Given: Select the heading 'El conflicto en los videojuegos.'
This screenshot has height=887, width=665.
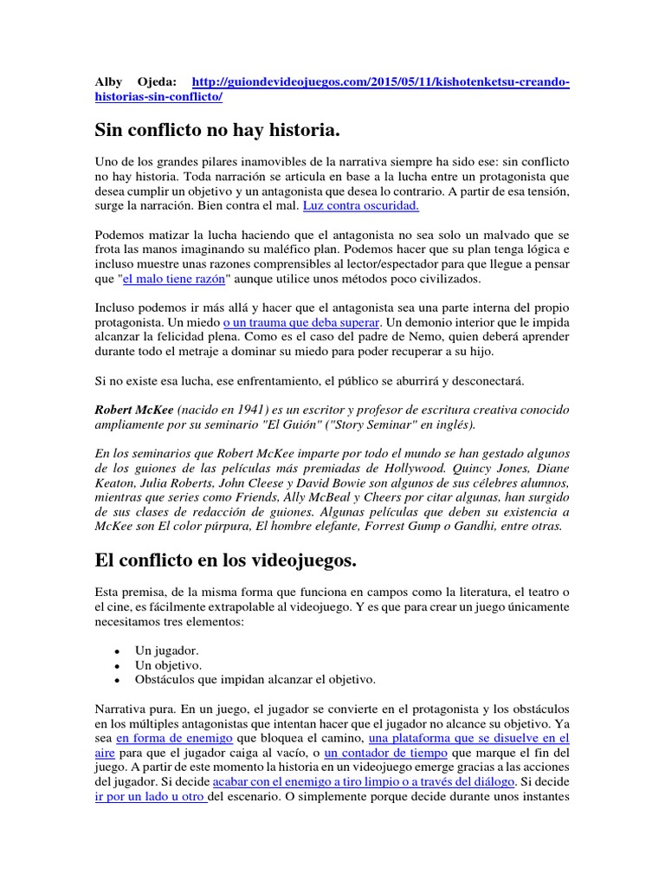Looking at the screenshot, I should [x=225, y=560].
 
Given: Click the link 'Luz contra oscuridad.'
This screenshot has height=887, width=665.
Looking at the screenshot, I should [x=348, y=206].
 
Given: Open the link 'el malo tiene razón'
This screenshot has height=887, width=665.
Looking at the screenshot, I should [x=174, y=280].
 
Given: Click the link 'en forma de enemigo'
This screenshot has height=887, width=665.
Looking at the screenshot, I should [x=174, y=738].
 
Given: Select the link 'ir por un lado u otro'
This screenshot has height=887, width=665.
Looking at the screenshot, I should [x=150, y=796].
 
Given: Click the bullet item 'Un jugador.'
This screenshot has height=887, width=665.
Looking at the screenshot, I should [x=167, y=649].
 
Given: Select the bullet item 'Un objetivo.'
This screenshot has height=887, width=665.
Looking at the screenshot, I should [x=169, y=664].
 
